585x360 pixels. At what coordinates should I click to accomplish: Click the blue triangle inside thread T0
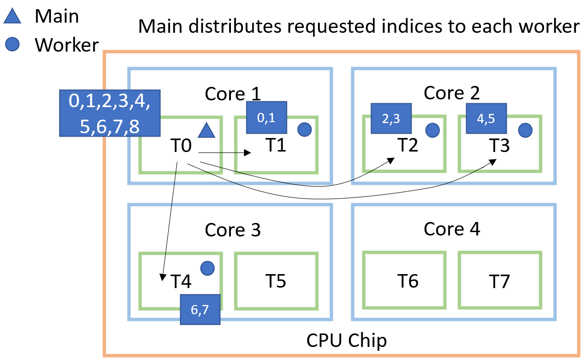(206, 130)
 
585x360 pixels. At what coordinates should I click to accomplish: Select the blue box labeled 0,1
(267, 117)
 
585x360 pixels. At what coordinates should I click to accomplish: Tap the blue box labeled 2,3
(391, 118)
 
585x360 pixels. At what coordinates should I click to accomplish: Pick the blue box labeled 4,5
(486, 118)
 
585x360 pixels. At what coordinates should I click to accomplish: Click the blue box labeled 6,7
(200, 310)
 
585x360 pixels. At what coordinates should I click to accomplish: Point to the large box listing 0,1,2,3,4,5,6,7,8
(110, 112)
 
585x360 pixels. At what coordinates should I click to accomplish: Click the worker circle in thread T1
(304, 129)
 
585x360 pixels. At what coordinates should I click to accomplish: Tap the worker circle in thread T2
(432, 130)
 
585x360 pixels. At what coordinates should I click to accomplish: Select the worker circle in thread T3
(525, 130)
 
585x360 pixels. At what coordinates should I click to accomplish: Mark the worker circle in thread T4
(207, 267)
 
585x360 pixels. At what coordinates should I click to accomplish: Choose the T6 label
(408, 280)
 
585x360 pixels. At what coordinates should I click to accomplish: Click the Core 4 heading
(452, 229)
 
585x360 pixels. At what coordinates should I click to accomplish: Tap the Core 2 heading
(452, 93)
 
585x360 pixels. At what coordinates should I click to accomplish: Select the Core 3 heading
(232, 230)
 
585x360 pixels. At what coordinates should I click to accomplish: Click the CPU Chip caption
(346, 341)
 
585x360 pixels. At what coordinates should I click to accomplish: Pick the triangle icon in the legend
(13, 17)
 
